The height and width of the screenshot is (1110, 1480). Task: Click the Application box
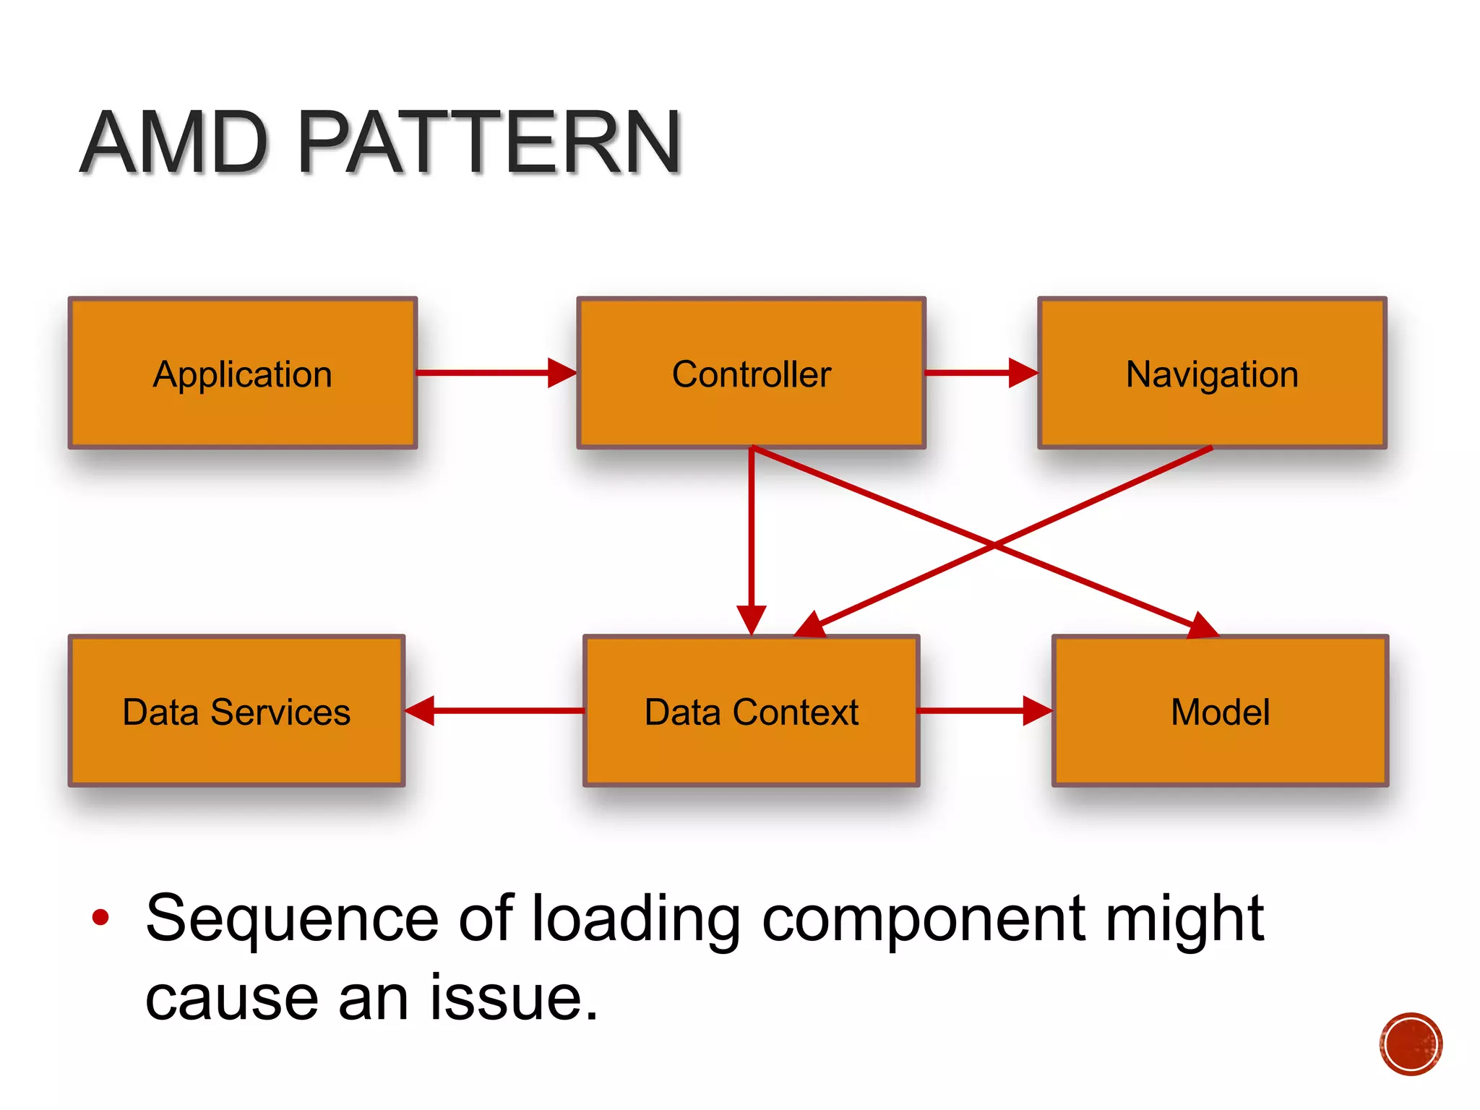[242, 373]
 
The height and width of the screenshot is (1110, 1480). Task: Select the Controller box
[751, 373]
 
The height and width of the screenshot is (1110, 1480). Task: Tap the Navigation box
[1212, 373]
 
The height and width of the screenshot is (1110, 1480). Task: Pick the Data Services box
[236, 711]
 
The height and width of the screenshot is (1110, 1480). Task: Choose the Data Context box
[751, 711]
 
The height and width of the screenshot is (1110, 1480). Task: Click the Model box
[1220, 711]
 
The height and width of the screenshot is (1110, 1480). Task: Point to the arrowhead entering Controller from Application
[562, 373]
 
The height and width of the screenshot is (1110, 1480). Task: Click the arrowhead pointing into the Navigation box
[1023, 373]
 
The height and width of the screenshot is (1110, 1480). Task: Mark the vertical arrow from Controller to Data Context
[752, 535]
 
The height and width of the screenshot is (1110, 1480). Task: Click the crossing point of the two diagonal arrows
[994, 545]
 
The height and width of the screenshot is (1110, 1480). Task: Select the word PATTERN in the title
[489, 142]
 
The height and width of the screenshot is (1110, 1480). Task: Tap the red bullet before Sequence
[100, 918]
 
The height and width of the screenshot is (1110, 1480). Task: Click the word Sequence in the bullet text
[292, 919]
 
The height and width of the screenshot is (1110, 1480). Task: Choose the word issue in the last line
[514, 998]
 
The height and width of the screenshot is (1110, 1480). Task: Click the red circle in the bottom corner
[1411, 1044]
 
